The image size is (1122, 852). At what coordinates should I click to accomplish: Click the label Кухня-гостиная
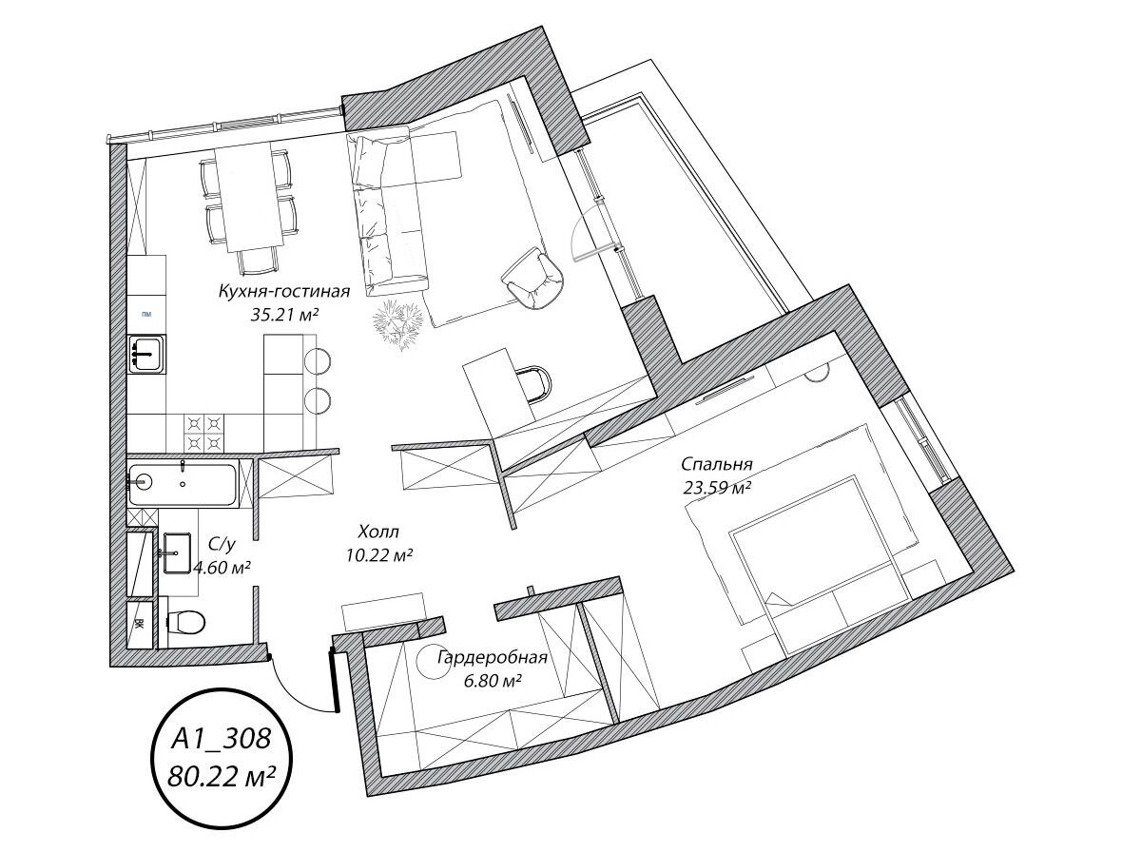(283, 293)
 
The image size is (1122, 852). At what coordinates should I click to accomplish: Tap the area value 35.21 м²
(284, 315)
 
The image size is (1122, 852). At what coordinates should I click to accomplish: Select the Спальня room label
(716, 465)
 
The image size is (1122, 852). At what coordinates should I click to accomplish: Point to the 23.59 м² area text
(717, 488)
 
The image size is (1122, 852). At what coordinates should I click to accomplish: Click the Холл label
(378, 532)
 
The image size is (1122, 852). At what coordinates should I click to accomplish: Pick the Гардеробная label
(493, 657)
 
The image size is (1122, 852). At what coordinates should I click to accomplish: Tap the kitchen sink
(146, 353)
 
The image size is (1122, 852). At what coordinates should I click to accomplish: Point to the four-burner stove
(203, 434)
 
